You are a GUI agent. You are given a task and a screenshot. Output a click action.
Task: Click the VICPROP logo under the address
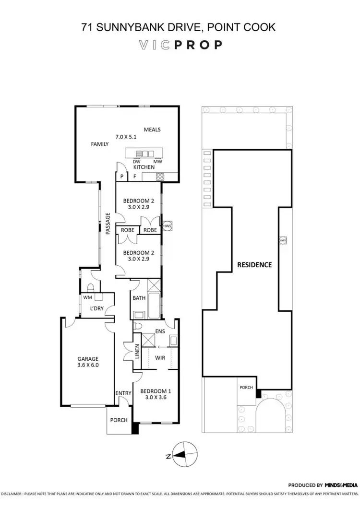tap(180, 45)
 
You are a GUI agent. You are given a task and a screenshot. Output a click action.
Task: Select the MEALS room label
tap(152, 130)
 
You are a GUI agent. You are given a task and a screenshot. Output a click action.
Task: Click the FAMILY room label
tap(100, 144)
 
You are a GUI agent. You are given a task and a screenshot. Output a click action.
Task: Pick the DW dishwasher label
tap(136, 162)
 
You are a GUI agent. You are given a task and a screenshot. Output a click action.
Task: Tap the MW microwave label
tap(157, 162)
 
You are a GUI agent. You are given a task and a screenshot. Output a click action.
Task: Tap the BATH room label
tap(139, 298)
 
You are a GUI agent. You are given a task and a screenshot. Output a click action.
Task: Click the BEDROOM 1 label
tap(156, 390)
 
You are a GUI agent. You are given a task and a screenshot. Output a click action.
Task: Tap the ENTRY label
tap(123, 394)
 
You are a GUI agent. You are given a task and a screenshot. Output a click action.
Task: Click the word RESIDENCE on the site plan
tap(254, 264)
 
